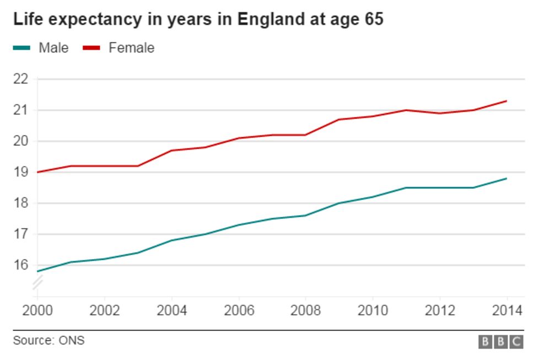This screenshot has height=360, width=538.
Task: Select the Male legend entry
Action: pyautogui.click(x=53, y=48)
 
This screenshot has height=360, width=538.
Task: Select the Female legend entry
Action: pyautogui.click(x=131, y=48)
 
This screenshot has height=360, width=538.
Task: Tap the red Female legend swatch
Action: pyautogui.click(x=91, y=48)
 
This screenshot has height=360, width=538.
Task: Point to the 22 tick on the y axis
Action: pyautogui.click(x=20, y=79)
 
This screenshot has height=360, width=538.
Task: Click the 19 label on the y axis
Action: pyautogui.click(x=20, y=172)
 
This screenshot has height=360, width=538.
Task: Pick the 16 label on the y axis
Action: pyautogui.click(x=20, y=265)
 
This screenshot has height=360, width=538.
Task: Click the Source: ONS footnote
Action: pyautogui.click(x=49, y=341)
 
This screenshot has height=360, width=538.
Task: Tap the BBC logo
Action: pyautogui.click(x=500, y=342)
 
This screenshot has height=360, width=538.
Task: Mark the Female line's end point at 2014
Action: pyautogui.click(x=507, y=101)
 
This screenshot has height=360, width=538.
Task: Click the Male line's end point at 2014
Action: pyautogui.click(x=507, y=178)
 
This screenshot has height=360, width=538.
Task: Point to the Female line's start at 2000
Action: pyautogui.click(x=37, y=172)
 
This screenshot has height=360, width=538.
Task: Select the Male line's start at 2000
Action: pyautogui.click(x=37, y=271)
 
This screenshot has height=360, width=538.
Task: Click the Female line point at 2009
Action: pyautogui.click(x=339, y=119)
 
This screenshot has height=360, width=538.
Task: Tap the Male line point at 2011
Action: pyautogui.click(x=406, y=187)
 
